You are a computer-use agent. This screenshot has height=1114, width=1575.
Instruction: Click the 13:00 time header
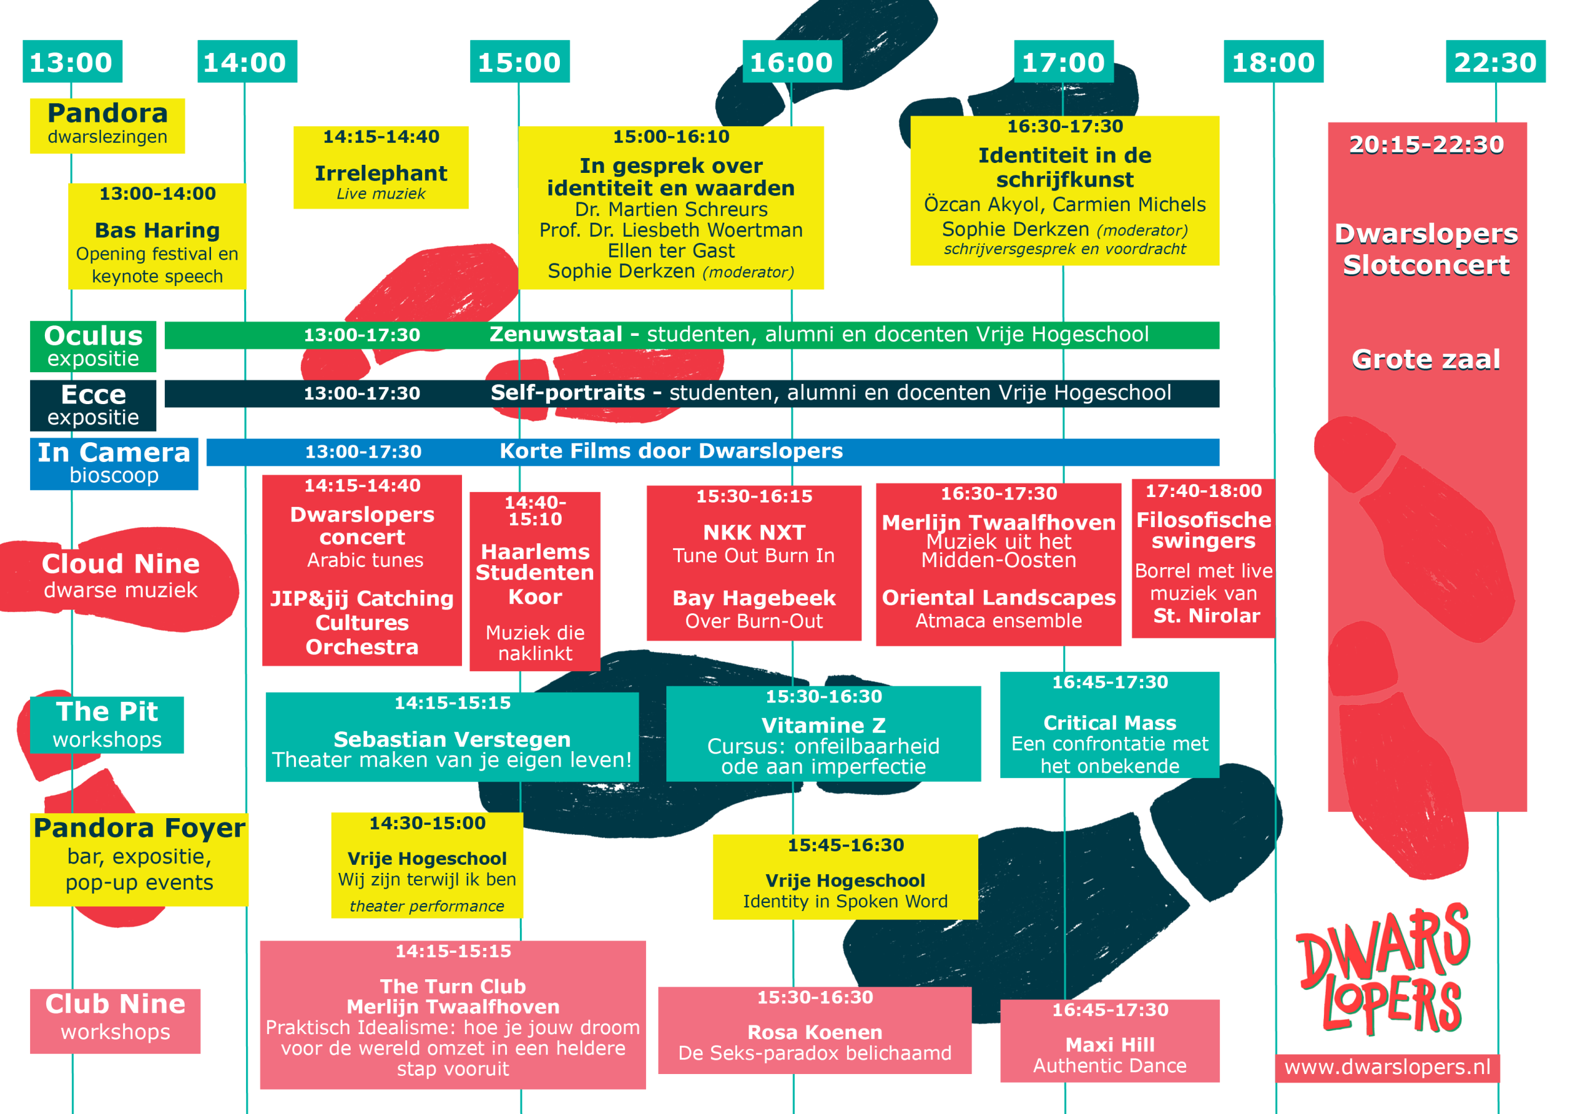point(72,62)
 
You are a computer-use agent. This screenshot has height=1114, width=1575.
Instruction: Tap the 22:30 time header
point(1496,62)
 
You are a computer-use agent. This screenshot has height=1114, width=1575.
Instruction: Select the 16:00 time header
point(792,62)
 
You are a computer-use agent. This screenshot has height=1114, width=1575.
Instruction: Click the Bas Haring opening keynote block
point(157,236)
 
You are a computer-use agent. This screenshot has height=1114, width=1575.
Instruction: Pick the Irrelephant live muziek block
point(381,167)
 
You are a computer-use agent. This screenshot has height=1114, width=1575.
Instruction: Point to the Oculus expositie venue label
point(94,346)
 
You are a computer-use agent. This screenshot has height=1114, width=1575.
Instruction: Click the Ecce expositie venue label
point(94,405)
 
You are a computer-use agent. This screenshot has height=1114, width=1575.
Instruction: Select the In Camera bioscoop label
point(114,464)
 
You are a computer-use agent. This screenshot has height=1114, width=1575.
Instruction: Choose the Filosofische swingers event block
point(1204,559)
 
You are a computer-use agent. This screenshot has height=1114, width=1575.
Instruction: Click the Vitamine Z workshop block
point(823,733)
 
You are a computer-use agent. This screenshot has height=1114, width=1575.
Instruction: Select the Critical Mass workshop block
point(1110,725)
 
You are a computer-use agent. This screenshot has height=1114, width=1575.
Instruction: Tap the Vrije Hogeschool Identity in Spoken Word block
point(845,877)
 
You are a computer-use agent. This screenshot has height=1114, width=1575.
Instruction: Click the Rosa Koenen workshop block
point(815,1030)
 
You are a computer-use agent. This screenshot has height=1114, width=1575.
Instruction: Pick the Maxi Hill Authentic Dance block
point(1110,1041)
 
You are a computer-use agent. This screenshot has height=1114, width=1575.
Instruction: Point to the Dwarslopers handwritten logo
point(1384,970)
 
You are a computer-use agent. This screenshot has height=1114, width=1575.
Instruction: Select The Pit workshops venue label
point(107,725)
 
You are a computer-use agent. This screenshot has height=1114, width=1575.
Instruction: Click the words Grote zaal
point(1426,359)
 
